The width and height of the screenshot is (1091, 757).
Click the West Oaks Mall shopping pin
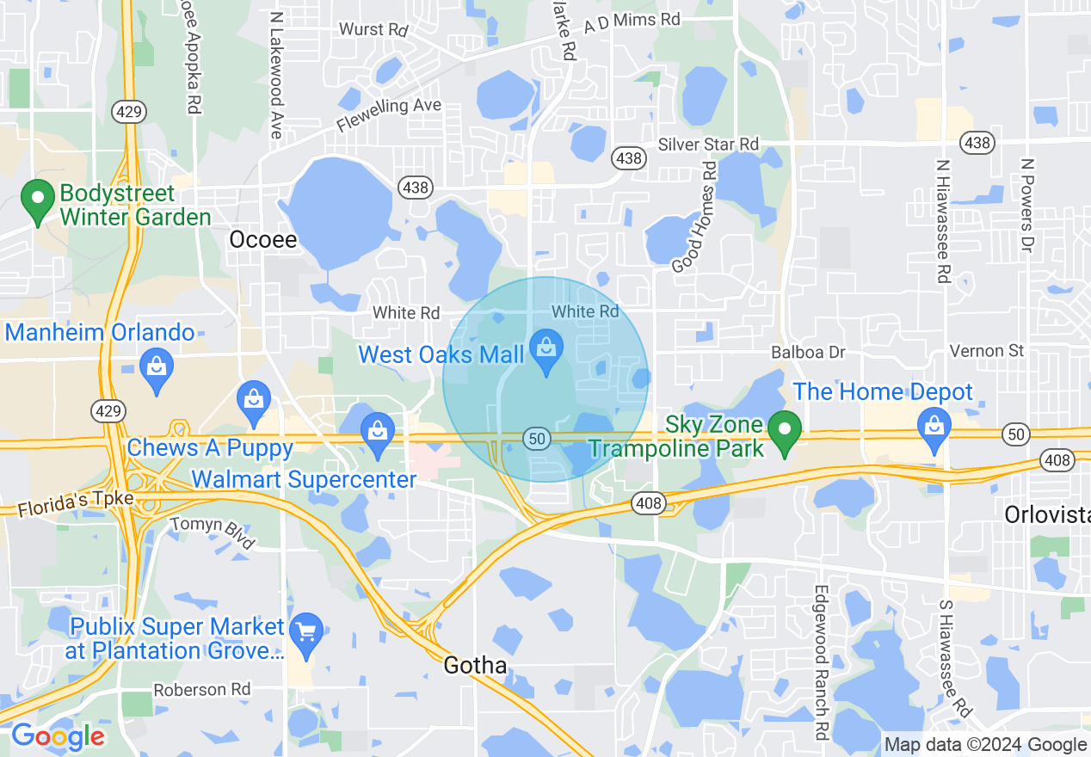click(545, 349)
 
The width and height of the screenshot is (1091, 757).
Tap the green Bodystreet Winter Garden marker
click(38, 200)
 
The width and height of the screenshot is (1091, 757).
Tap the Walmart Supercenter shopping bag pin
click(378, 431)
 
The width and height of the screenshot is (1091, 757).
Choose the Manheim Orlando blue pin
click(157, 368)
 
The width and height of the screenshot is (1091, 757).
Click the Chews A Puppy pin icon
click(254, 401)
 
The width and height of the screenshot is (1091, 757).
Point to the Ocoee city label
click(262, 240)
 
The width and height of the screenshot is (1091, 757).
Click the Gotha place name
click(475, 665)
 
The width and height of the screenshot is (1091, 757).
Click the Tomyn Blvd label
click(213, 532)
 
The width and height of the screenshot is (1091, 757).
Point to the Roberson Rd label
click(201, 690)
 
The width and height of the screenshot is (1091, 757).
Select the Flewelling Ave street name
click(389, 115)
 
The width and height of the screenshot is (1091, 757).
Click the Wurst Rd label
click(373, 29)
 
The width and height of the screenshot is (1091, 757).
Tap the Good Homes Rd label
click(693, 218)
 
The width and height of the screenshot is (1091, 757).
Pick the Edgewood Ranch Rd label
click(821, 662)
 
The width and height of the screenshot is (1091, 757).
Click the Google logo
click(57, 737)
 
